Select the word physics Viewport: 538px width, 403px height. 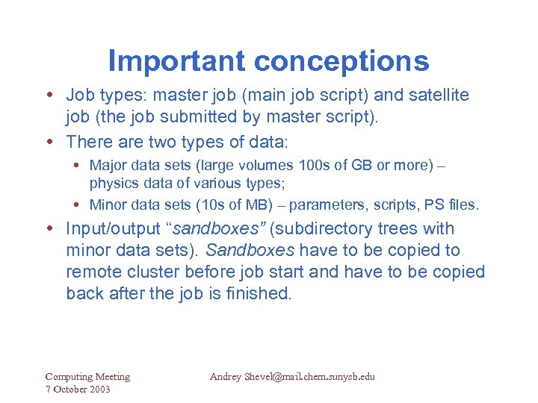(111, 183)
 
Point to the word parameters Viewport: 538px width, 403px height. (323, 204)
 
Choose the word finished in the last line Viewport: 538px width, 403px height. (257, 293)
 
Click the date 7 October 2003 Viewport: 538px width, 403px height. (77, 390)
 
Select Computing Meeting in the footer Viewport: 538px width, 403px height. (87, 377)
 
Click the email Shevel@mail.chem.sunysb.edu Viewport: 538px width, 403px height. (309, 377)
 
